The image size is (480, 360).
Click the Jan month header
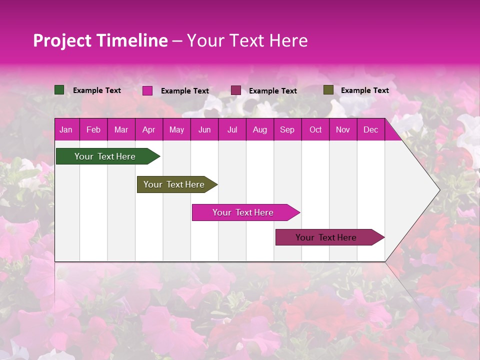(x=66, y=130)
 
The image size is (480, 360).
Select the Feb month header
(x=93, y=130)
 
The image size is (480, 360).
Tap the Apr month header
(x=148, y=130)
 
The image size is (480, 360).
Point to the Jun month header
(x=204, y=130)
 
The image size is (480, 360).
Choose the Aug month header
(x=259, y=130)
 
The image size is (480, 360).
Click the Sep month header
(x=287, y=130)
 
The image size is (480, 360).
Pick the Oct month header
(x=315, y=130)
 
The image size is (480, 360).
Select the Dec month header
(x=370, y=130)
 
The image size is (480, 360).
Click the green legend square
(x=59, y=90)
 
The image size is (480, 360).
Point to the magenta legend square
(x=147, y=90)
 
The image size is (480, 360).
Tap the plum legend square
(x=236, y=90)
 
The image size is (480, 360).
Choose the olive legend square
(x=328, y=90)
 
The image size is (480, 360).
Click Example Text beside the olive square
(x=364, y=90)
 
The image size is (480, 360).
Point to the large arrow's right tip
(x=438, y=190)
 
